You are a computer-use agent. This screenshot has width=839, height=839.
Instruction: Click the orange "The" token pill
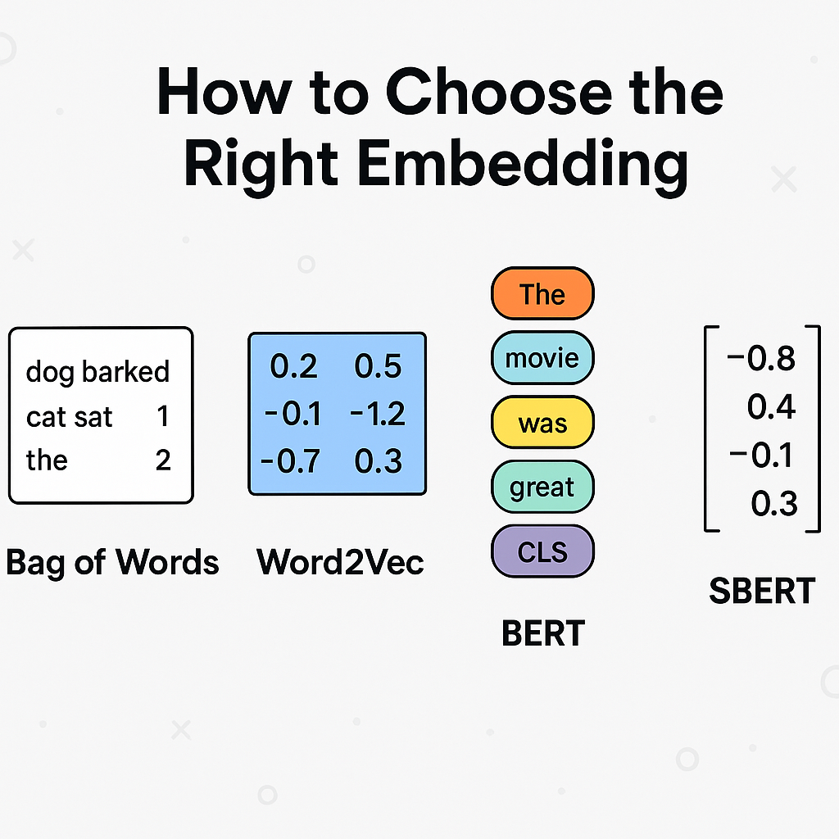pyautogui.click(x=542, y=293)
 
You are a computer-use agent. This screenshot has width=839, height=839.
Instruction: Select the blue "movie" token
pyautogui.click(x=542, y=358)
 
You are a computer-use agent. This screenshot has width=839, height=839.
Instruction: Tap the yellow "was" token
pyautogui.click(x=542, y=423)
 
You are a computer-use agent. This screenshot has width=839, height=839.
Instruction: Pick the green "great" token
pyautogui.click(x=542, y=488)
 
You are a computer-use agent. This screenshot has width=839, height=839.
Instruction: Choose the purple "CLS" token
pyautogui.click(x=542, y=551)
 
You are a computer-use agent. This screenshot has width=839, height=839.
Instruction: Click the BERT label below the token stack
pyautogui.click(x=543, y=633)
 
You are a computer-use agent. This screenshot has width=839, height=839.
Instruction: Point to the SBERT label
pyautogui.click(x=762, y=591)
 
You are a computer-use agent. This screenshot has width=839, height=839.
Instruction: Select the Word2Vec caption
pyautogui.click(x=340, y=562)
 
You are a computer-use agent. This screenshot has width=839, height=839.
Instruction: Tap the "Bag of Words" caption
pyautogui.click(x=112, y=562)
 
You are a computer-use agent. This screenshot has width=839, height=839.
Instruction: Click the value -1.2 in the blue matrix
pyautogui.click(x=377, y=415)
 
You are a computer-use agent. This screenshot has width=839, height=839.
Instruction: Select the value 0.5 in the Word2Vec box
pyautogui.click(x=378, y=367)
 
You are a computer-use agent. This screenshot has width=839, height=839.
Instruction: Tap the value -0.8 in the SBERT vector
pyautogui.click(x=761, y=358)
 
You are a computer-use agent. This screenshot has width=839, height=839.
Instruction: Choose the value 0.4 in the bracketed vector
pyautogui.click(x=771, y=406)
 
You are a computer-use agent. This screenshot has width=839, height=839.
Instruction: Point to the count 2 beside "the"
pyautogui.click(x=163, y=460)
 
